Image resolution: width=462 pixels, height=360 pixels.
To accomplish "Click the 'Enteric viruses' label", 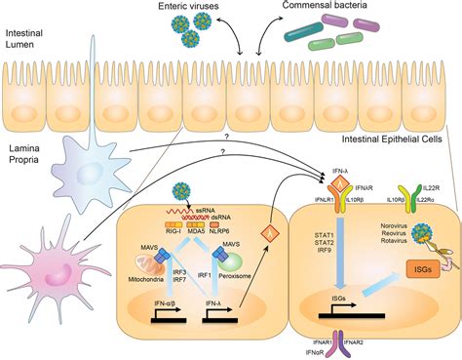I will click(185, 9).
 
